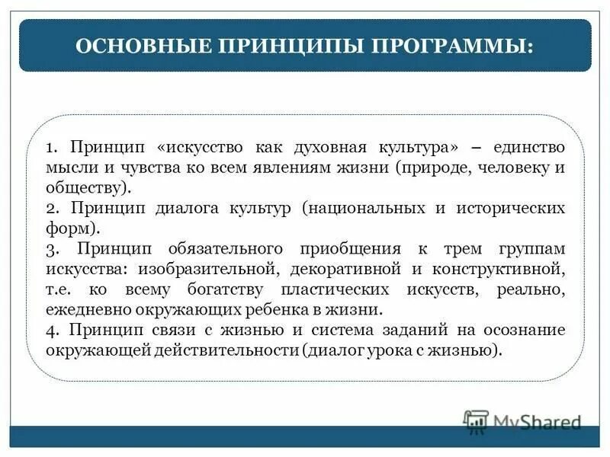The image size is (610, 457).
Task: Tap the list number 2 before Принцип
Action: click(x=50, y=208)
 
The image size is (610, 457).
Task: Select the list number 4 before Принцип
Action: click(x=50, y=331)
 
